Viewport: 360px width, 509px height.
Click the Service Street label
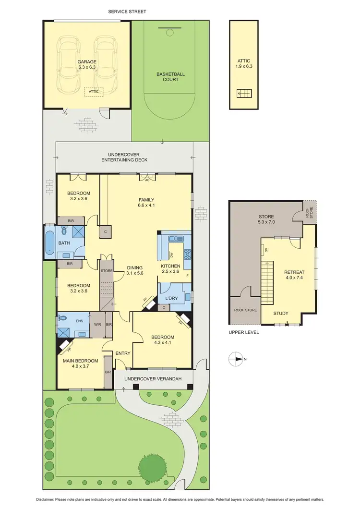(x=127, y=11)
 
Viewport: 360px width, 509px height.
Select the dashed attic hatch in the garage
(x=93, y=91)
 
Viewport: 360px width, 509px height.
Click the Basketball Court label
(x=170, y=77)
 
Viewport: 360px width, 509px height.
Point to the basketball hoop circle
(x=169, y=32)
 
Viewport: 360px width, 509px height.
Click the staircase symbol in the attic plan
(x=245, y=94)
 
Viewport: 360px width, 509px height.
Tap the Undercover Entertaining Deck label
(x=125, y=158)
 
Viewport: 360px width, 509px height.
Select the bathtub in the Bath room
(x=50, y=243)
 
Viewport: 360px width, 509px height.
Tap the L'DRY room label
(x=171, y=299)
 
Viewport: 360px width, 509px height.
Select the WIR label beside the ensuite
(x=97, y=325)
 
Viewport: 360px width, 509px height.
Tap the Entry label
(x=123, y=353)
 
